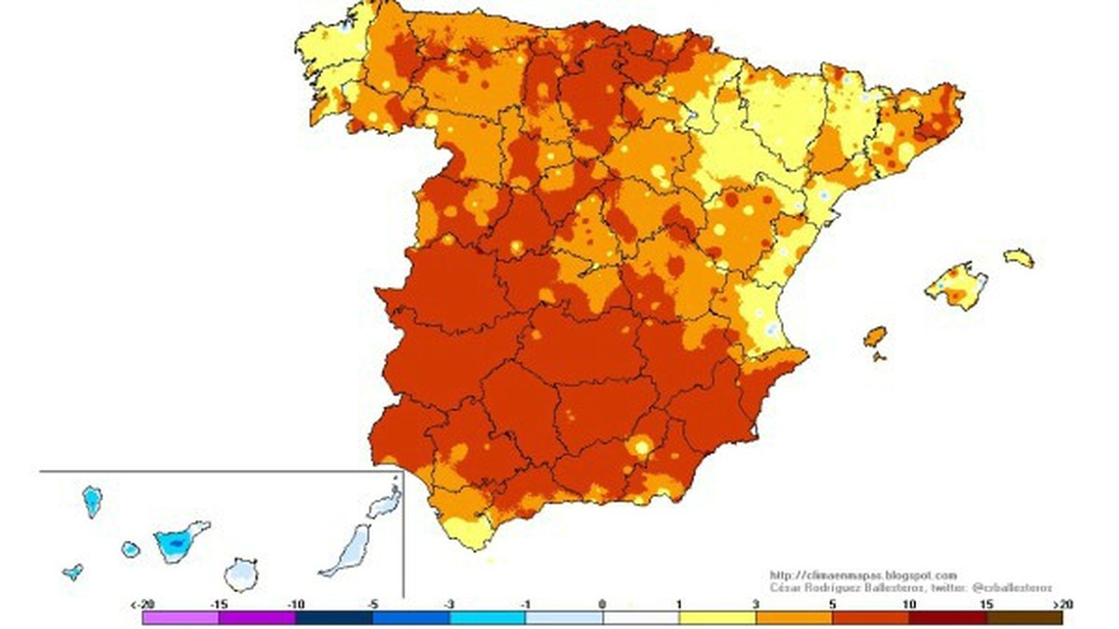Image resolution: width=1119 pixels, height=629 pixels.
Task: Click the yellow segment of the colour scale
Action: tap(718, 618)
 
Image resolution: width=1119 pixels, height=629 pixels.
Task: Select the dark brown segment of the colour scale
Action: tap(1024, 618)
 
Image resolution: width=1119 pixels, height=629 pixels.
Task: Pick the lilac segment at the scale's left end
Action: tap(180, 618)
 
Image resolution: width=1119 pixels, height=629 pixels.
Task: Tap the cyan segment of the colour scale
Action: tap(487, 618)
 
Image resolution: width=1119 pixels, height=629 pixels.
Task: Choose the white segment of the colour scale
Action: tap(641, 618)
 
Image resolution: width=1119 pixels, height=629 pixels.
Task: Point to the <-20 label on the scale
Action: tap(142, 605)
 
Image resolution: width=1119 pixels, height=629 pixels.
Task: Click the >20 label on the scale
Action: tap(1062, 605)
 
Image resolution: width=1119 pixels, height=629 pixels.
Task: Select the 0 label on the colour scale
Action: tap(602, 605)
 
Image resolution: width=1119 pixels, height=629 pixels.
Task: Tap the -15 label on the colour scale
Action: tap(219, 605)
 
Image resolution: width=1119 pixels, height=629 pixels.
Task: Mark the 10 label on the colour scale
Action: tap(909, 605)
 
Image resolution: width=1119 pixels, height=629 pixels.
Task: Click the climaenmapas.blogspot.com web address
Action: tap(862, 576)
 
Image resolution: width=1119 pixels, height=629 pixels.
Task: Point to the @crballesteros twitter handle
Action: tap(1011, 588)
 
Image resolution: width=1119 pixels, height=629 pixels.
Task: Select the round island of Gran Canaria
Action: tap(241, 574)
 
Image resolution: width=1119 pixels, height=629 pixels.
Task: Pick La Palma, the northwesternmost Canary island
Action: tap(92, 501)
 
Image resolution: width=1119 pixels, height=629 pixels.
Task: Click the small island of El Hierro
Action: tap(73, 572)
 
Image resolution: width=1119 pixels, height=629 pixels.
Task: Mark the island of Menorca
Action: tap(1019, 257)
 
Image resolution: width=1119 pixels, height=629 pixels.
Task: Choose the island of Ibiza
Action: tap(874, 337)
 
